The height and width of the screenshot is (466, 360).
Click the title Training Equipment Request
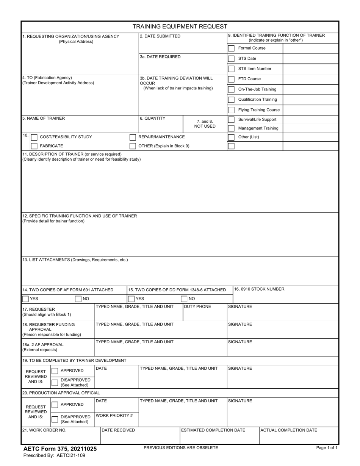(180, 27)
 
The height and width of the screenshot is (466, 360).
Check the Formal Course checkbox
(231, 48)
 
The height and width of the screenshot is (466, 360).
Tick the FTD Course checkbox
(231, 79)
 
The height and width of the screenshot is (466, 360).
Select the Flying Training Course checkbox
(231, 110)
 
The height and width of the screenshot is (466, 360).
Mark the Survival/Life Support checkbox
(231, 120)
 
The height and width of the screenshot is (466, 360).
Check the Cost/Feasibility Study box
(34, 137)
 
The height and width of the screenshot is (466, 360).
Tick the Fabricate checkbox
(34, 146)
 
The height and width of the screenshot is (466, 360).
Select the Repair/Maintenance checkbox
(133, 137)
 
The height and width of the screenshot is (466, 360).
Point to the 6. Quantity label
(152, 118)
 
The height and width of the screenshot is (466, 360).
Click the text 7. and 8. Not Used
(205, 124)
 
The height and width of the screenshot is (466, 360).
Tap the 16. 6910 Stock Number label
(259, 289)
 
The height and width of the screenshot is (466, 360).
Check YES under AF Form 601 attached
(25, 299)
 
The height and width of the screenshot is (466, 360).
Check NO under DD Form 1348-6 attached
(184, 299)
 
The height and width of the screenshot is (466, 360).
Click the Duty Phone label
(197, 306)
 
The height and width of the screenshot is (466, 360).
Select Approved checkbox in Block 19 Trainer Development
(55, 371)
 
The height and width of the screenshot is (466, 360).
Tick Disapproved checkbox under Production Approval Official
(55, 419)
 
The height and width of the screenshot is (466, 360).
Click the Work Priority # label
(114, 416)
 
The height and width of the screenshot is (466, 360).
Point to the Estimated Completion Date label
(213, 430)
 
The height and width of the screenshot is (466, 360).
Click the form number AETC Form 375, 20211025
(60, 449)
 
